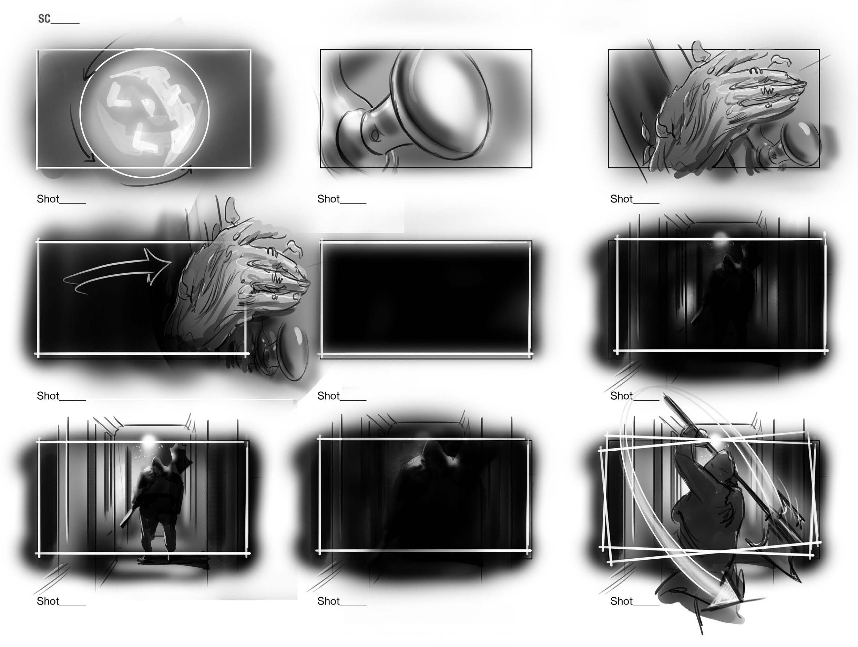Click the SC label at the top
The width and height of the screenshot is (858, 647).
(x=44, y=19)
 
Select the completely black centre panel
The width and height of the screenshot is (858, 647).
(x=426, y=299)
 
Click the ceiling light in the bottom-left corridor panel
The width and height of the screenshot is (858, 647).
(x=148, y=439)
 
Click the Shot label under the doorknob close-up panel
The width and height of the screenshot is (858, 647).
(x=328, y=199)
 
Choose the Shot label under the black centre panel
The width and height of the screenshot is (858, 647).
(x=328, y=396)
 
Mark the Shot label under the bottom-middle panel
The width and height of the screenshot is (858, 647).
(x=328, y=601)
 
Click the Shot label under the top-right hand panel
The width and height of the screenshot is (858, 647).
(x=621, y=199)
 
